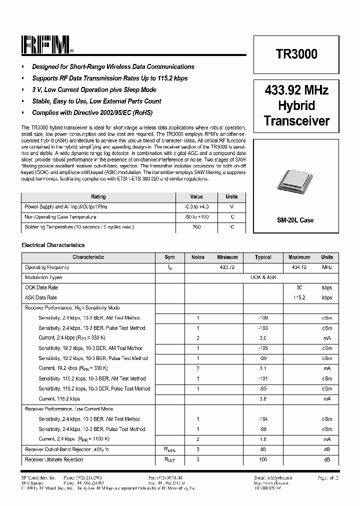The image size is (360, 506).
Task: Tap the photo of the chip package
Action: (x=295, y=182)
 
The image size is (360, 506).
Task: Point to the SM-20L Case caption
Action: (x=295, y=220)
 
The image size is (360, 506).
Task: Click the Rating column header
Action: (x=98, y=196)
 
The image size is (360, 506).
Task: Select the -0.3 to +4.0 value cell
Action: (x=196, y=206)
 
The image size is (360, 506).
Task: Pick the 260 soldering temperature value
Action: (x=196, y=227)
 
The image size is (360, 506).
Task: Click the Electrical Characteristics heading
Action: (x=53, y=245)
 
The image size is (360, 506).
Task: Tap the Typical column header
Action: (x=263, y=257)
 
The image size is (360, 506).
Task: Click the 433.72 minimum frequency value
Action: (x=227, y=267)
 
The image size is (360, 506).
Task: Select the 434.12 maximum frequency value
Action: (x=299, y=267)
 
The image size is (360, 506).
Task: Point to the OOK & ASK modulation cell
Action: (x=263, y=277)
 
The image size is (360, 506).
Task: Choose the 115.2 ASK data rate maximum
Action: (x=299, y=297)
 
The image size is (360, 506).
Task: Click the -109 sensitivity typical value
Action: (x=263, y=318)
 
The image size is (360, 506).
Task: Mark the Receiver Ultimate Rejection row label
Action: (x=54, y=459)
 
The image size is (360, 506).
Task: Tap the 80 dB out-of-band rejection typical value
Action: (x=263, y=449)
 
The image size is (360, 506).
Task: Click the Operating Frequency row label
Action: (x=47, y=267)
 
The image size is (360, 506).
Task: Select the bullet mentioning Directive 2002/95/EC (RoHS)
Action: (x=92, y=112)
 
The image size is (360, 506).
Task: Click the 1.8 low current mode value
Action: (x=263, y=439)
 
